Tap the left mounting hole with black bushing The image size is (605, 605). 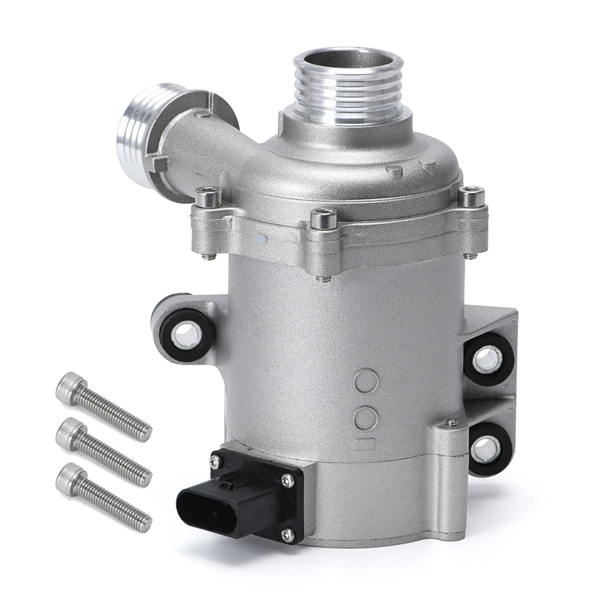click(188, 331)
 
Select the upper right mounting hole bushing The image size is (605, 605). click(488, 359)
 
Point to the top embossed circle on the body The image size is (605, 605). click(368, 380)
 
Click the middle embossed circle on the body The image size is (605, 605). click(367, 414)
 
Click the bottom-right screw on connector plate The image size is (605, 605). click(288, 534)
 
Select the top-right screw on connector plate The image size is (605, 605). click(290, 480)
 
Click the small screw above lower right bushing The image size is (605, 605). click(450, 423)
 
